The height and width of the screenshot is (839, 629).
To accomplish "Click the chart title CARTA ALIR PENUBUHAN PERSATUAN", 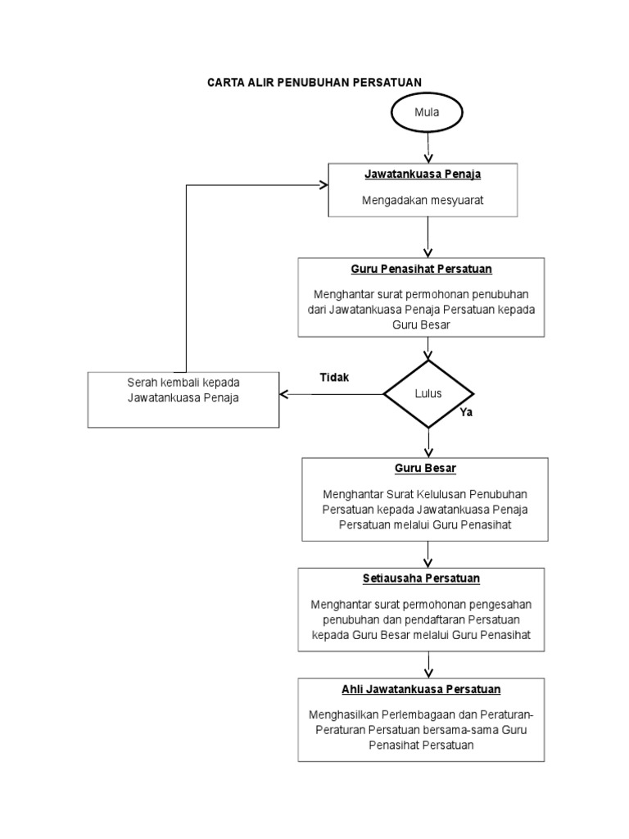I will point(314,83).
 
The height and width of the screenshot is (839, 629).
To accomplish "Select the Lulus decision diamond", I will point(428,393).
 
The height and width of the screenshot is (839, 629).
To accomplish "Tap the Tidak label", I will point(334,378).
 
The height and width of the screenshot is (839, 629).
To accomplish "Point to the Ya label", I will point(466,413).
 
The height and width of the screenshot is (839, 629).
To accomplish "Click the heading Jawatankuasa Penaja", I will point(423,175).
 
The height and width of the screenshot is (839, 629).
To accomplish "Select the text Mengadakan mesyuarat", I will point(423,200).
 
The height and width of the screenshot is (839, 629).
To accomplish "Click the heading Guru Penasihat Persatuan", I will point(421,269).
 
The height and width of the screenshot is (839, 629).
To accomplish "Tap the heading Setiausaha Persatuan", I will point(421,578).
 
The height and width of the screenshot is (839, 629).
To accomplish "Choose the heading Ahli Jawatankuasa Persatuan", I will point(421,689).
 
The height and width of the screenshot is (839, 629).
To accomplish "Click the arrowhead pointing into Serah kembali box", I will point(284,394).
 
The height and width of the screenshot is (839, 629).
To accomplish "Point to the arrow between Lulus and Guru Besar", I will point(428,442).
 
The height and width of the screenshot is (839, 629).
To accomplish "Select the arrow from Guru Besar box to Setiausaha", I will point(428,554).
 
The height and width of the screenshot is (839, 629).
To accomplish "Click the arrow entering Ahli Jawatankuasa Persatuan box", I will point(428,664).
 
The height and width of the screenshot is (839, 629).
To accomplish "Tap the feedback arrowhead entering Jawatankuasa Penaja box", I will point(324,185).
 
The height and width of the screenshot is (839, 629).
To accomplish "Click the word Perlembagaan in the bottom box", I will point(410,713).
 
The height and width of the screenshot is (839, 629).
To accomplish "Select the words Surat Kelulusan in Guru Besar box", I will point(425,493).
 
